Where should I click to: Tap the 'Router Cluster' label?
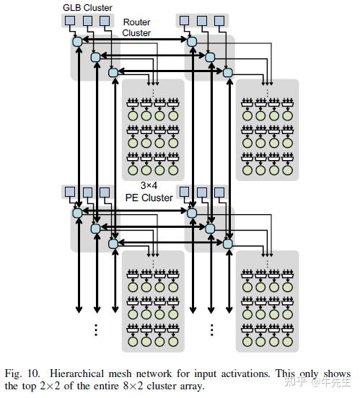coord(136,27)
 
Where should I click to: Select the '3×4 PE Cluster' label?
coord(149,192)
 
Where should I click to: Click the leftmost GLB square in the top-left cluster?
coord(69,21)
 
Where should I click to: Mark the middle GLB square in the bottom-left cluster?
coord(87,193)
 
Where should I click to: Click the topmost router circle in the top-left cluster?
coord(77,42)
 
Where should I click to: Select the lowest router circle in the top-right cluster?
coord(228,71)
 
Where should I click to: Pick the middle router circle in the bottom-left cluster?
coord(95,229)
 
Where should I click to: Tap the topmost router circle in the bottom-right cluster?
coord(192,213)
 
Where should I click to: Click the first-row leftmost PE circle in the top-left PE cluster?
coord(132,115)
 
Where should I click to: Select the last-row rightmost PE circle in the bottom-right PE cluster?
coord(289,341)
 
